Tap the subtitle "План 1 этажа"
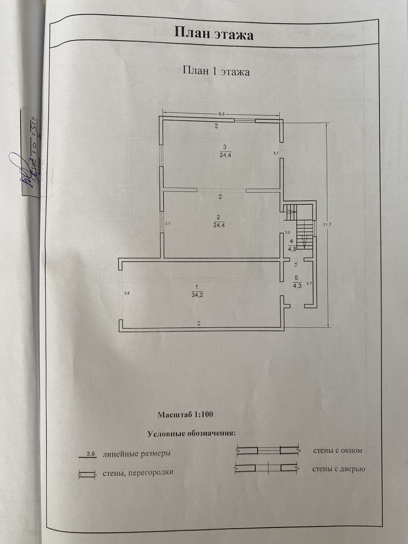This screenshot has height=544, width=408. point(216,71)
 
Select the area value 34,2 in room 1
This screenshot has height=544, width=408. point(196,295)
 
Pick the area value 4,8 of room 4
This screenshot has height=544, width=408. point(292,249)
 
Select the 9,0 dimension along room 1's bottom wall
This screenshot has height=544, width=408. point(199,323)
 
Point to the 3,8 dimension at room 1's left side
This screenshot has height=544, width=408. point(126,293)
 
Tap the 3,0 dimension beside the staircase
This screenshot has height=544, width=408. point(287,232)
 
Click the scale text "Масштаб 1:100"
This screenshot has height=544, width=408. point(185,414)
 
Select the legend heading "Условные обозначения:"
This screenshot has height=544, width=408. point(191,434)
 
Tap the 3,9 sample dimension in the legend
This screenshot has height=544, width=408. point(91,453)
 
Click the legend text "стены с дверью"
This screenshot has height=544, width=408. point(339,469)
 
